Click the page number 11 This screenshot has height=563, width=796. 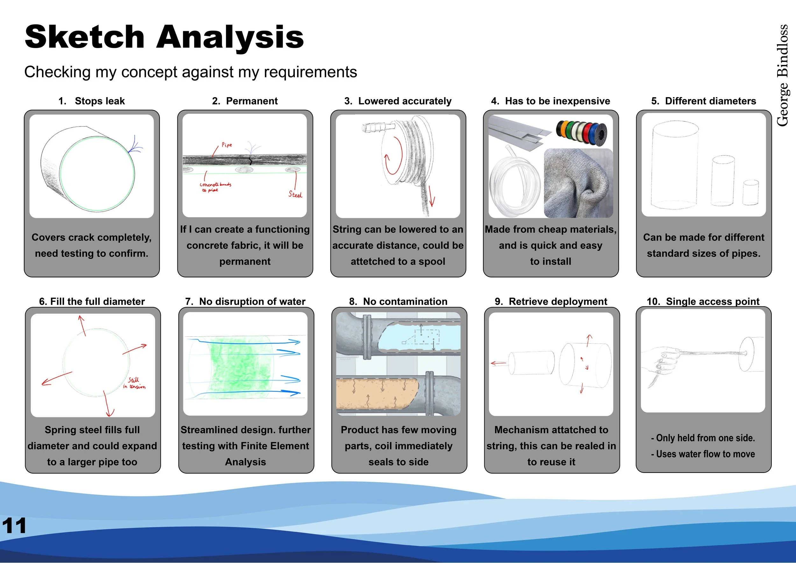14,525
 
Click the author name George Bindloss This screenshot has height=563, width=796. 783,75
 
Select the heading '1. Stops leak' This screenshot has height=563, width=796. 91,101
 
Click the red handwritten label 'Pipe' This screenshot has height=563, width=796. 227,145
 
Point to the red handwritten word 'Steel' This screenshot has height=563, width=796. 295,195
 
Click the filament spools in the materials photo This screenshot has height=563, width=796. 581,132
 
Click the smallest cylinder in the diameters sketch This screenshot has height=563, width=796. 751,192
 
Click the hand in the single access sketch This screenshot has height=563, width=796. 664,364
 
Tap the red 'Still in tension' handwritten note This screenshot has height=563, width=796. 134,383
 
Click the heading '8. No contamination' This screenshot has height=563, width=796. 398,301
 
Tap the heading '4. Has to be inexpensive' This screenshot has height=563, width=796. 551,101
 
